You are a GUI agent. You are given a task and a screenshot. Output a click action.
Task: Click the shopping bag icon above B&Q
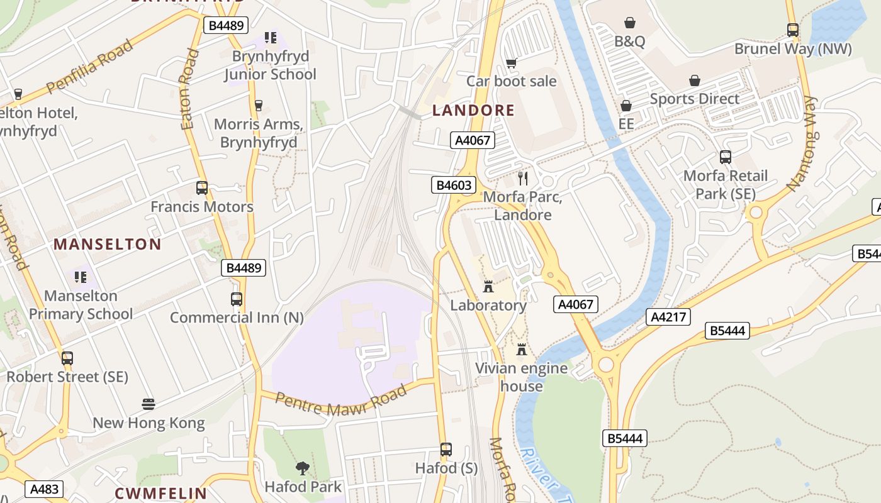(x=629, y=23)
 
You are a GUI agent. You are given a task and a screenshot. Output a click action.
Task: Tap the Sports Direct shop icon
(x=695, y=80)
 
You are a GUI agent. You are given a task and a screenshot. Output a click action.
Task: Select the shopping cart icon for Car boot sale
(x=511, y=63)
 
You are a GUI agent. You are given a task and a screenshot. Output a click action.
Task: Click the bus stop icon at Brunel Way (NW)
(x=793, y=30)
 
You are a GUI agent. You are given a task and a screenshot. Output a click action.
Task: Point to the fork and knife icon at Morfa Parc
(x=522, y=178)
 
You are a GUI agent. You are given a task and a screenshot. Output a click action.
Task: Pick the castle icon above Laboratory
(x=488, y=287)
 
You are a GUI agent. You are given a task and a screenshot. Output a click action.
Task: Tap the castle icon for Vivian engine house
(x=521, y=349)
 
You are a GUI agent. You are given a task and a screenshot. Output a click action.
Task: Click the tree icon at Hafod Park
(x=303, y=468)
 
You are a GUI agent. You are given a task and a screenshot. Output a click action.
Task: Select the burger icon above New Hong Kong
(x=149, y=404)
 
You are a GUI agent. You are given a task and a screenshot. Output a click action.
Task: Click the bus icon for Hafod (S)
(x=446, y=450)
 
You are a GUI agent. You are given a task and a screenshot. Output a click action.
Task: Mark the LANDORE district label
(x=473, y=111)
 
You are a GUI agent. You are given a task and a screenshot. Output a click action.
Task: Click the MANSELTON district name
(x=108, y=244)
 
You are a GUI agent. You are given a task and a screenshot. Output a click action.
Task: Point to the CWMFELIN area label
(x=160, y=493)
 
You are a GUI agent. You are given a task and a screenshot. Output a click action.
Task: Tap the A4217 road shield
(x=668, y=317)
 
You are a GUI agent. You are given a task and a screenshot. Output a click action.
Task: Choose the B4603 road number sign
(x=453, y=185)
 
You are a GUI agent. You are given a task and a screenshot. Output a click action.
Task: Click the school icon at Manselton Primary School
(x=81, y=277)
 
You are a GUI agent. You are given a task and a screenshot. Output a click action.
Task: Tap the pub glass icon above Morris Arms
(x=258, y=105)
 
